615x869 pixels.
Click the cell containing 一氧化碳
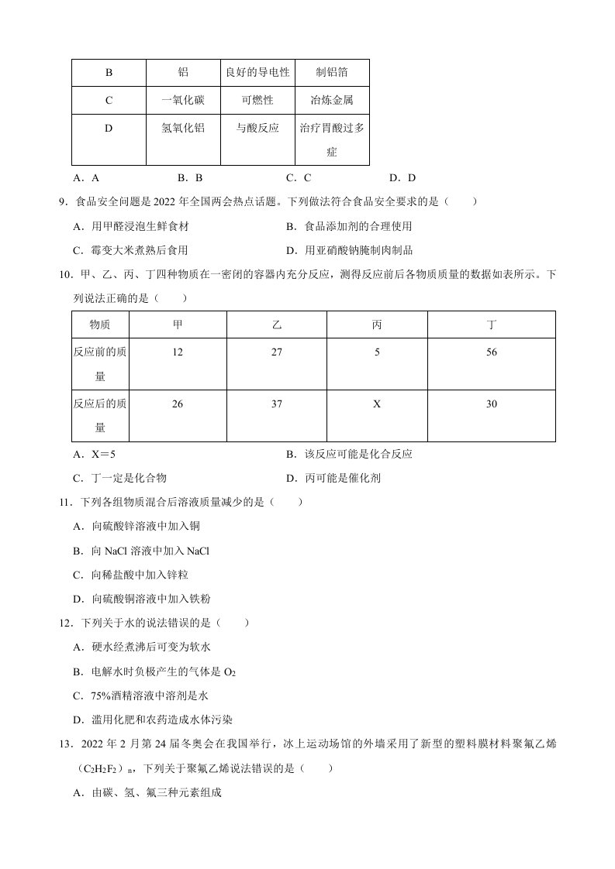(x=183, y=101)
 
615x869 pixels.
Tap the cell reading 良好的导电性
(x=257, y=73)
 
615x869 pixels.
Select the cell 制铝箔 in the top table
(x=332, y=73)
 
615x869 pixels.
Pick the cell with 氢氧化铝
(x=183, y=129)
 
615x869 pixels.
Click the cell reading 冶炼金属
(x=332, y=101)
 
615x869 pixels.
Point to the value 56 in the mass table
(x=490, y=352)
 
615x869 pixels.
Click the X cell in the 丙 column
(x=377, y=404)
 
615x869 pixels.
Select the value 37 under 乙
(x=278, y=404)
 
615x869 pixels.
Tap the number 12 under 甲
(x=178, y=352)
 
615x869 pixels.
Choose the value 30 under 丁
(x=490, y=404)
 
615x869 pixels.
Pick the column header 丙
(x=377, y=325)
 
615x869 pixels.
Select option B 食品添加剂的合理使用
(x=349, y=226)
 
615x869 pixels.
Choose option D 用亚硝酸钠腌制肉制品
(x=349, y=250)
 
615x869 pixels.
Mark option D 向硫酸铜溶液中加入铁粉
(x=131, y=599)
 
